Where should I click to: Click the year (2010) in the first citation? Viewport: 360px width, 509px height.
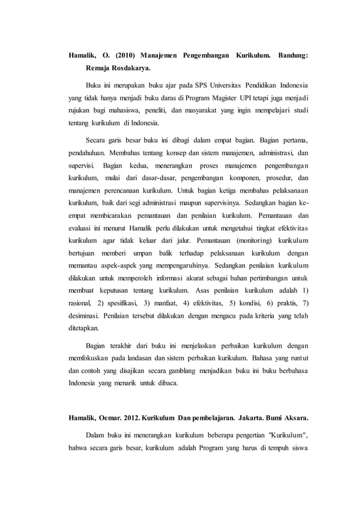click(125, 56)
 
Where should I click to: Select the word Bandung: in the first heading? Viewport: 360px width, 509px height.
click(293, 56)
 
